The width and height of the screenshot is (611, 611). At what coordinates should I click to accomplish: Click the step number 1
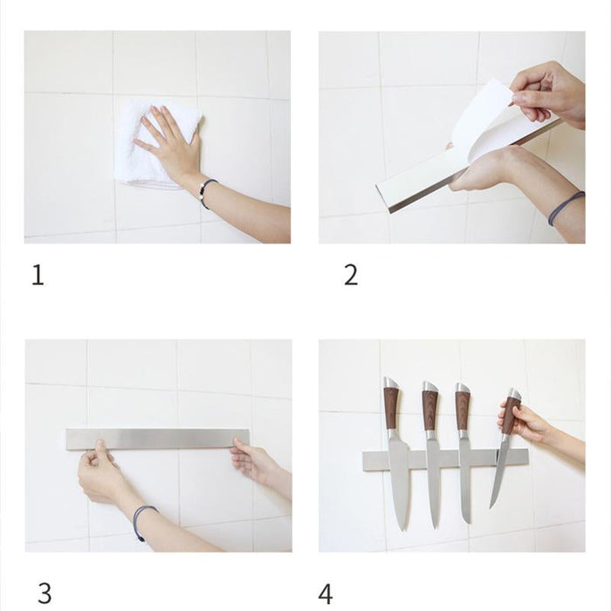click(x=38, y=276)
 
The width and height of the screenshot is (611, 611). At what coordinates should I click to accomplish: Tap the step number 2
click(x=351, y=276)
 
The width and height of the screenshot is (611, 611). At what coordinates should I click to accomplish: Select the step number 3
click(x=44, y=594)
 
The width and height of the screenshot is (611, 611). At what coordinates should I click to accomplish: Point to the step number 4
click(x=326, y=594)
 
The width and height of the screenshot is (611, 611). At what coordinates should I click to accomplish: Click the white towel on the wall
click(x=140, y=166)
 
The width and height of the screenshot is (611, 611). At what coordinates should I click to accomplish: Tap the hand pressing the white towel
click(x=170, y=140)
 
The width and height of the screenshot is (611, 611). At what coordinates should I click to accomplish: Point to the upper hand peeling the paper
click(x=546, y=92)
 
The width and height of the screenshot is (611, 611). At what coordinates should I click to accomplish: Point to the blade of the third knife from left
click(x=463, y=480)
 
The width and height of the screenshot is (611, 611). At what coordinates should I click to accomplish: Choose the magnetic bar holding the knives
click(x=445, y=457)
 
